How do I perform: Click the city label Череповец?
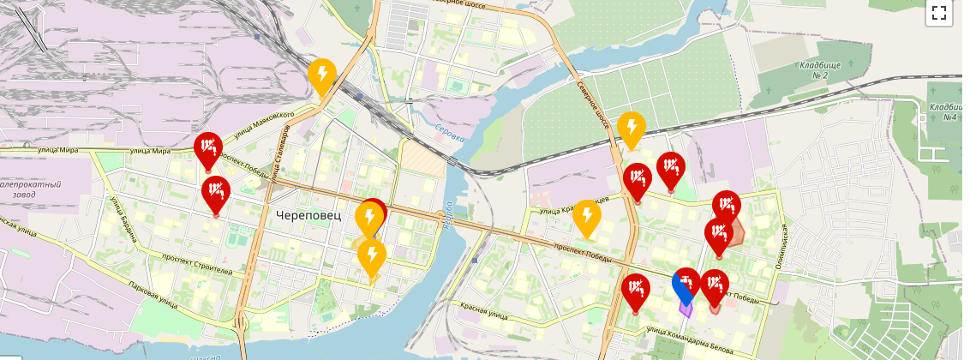pyautogui.click(x=308, y=215)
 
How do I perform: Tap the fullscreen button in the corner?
pyautogui.click(x=938, y=12)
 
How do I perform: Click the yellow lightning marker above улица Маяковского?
pyautogui.click(x=321, y=76)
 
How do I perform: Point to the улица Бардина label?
pyautogui.click(x=123, y=219)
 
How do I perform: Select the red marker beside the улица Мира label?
pyautogui.click(x=207, y=149)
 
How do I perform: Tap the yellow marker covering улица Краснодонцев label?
pyautogui.click(x=586, y=218)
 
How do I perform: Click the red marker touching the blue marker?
pyautogui.click(x=713, y=286)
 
